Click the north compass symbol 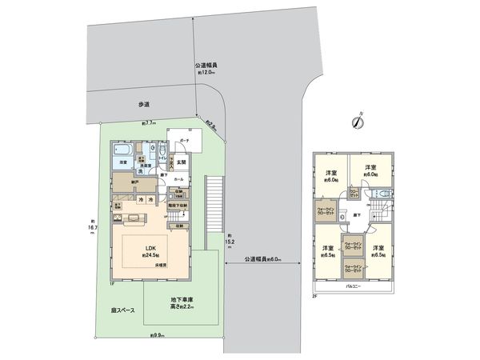pos(356,123)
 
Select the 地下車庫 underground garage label pos(182,302)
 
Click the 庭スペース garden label pos(122,310)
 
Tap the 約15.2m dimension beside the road pos(230,237)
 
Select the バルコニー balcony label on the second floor pos(353,285)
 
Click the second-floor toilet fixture pos(382,195)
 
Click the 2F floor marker pos(315,295)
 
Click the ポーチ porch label pos(183,138)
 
